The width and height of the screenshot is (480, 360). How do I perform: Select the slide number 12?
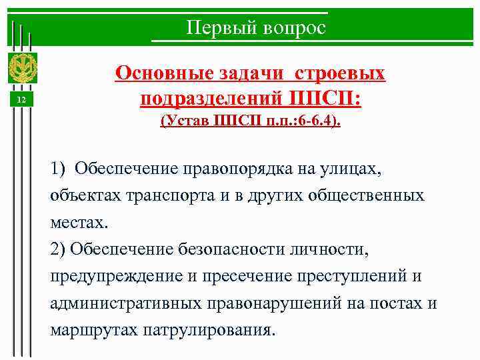(21, 99)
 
